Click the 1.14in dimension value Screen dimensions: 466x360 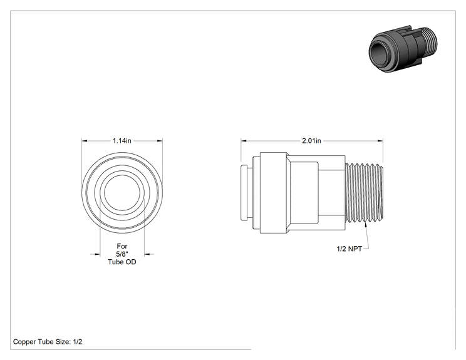(x=122, y=140)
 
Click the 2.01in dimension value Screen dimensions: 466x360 (x=311, y=140)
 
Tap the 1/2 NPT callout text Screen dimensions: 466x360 (x=349, y=249)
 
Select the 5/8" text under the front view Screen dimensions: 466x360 (x=122, y=254)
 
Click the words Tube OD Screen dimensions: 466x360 (x=122, y=262)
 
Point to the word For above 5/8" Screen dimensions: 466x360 (x=122, y=246)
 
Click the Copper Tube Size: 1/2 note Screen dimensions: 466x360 (x=48, y=342)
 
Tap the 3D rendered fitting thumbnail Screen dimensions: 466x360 (x=403, y=49)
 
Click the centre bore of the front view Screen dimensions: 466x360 (x=122, y=192)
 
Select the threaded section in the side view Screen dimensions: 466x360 (x=364, y=192)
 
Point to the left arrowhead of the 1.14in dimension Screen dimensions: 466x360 (x=85, y=141)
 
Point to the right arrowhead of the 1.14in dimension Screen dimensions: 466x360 (x=160, y=141)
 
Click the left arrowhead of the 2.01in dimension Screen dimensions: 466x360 (x=244, y=141)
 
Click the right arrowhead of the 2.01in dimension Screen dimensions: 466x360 (x=380, y=141)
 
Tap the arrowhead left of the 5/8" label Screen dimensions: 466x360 (x=97, y=254)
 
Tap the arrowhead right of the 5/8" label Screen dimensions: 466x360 (x=147, y=254)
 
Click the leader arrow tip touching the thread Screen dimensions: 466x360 (x=366, y=224)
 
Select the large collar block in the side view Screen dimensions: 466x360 (x=274, y=192)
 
